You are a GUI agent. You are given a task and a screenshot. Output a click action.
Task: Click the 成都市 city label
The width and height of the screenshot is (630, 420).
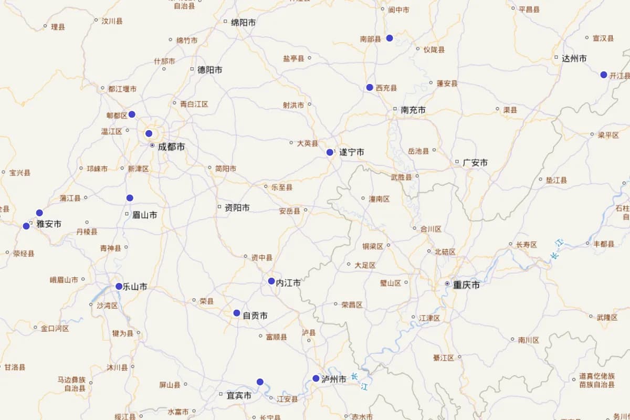pyautogui.click(x=171, y=147)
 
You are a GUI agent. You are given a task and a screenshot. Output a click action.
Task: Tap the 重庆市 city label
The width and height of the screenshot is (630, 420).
pyautogui.click(x=467, y=285)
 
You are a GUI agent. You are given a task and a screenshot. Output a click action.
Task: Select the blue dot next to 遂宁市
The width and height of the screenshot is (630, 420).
pyautogui.click(x=330, y=152)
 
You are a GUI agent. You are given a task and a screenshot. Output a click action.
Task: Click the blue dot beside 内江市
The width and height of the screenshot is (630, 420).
pyautogui.click(x=271, y=281)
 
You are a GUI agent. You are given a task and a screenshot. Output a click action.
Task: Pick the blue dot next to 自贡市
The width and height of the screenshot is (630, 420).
pyautogui.click(x=237, y=313)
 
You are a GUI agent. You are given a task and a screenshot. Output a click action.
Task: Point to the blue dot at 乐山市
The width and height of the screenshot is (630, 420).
pyautogui.click(x=119, y=286)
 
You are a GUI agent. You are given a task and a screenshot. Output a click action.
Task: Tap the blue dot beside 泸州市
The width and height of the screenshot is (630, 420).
pyautogui.click(x=316, y=378)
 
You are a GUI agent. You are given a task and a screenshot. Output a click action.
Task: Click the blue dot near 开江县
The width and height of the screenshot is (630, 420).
pyautogui.click(x=604, y=75)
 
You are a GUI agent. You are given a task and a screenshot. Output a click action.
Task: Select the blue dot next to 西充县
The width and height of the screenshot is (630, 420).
pyautogui.click(x=370, y=87)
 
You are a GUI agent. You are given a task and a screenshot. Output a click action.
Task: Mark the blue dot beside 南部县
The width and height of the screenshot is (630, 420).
pyautogui.click(x=390, y=38)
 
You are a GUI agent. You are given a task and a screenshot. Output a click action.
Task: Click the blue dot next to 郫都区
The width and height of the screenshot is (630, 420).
pyautogui.click(x=132, y=114)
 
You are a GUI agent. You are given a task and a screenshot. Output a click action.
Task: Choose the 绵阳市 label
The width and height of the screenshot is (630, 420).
pyautogui.click(x=244, y=23)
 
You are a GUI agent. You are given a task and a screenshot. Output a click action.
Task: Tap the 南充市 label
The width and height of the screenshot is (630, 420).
pyautogui.click(x=413, y=110)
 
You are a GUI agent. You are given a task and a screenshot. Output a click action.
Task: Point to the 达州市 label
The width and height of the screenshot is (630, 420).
pyautogui.click(x=574, y=59)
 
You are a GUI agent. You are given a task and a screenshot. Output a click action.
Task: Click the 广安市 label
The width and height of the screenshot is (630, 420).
pyautogui.click(x=475, y=163)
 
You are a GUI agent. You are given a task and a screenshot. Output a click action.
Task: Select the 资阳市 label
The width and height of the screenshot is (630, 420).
pyautogui.click(x=237, y=208)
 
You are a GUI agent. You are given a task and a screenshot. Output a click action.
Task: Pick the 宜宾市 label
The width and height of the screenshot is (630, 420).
pyautogui.click(x=238, y=395)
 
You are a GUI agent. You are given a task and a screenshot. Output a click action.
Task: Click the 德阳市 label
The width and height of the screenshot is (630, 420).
pyautogui.click(x=209, y=70)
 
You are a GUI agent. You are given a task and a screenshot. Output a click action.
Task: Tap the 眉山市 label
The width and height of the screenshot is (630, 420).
pyautogui.click(x=144, y=215)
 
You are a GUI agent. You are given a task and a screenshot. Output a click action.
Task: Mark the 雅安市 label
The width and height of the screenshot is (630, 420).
pyautogui.click(x=49, y=224)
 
